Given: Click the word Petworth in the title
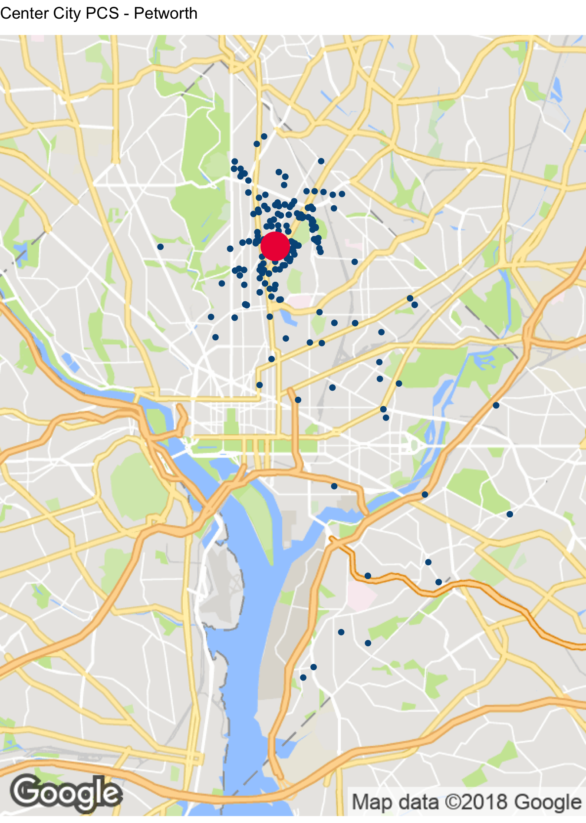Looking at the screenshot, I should pos(165,13).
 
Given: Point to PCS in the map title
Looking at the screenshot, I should pos(102,13).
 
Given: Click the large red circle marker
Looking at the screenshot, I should pos(275,246).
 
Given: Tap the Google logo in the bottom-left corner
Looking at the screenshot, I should pos(66,794).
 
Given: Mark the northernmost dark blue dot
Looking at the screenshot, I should pos(264,136).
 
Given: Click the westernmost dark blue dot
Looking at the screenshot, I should pos(160,247).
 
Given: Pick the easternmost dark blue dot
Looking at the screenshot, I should pos(510,514).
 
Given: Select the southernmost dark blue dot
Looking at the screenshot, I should pos(303,677).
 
